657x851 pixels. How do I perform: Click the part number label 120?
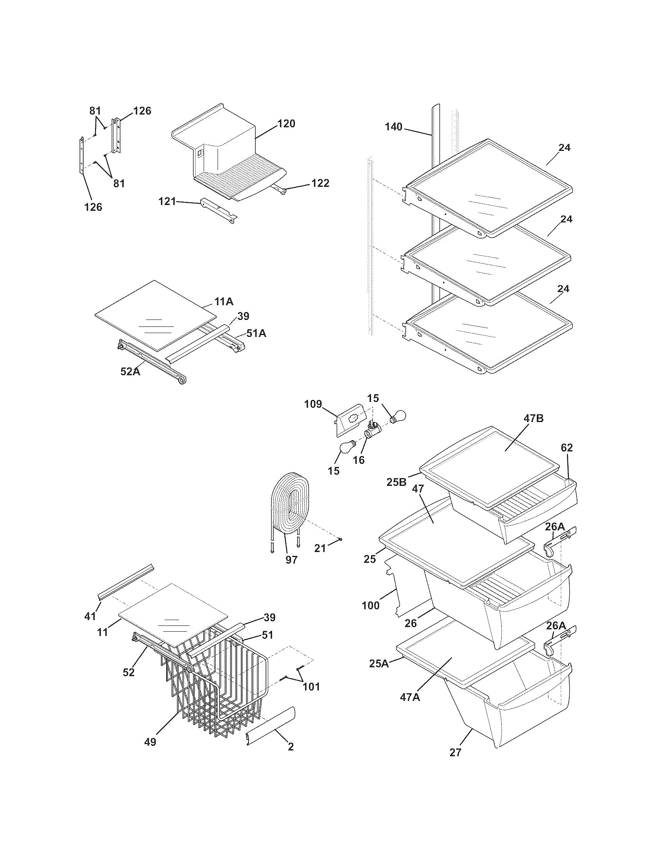coord(286,124)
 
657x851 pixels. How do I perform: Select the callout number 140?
coord(393,127)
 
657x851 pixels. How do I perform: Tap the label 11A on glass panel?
coord(223,302)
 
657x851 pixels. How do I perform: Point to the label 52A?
coord(130,372)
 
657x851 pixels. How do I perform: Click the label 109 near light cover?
coord(313,404)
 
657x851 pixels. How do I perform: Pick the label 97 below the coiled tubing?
coord(291,560)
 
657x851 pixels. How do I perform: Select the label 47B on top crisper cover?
coord(533,419)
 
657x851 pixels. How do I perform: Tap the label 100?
coord(371,606)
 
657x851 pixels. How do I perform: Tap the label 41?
coord(90,617)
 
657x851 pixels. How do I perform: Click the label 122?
coord(320,183)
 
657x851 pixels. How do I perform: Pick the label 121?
coord(167,202)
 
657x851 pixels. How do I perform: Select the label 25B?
coord(396,482)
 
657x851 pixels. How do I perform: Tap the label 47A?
coord(410,697)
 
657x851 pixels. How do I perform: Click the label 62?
coord(567,448)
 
